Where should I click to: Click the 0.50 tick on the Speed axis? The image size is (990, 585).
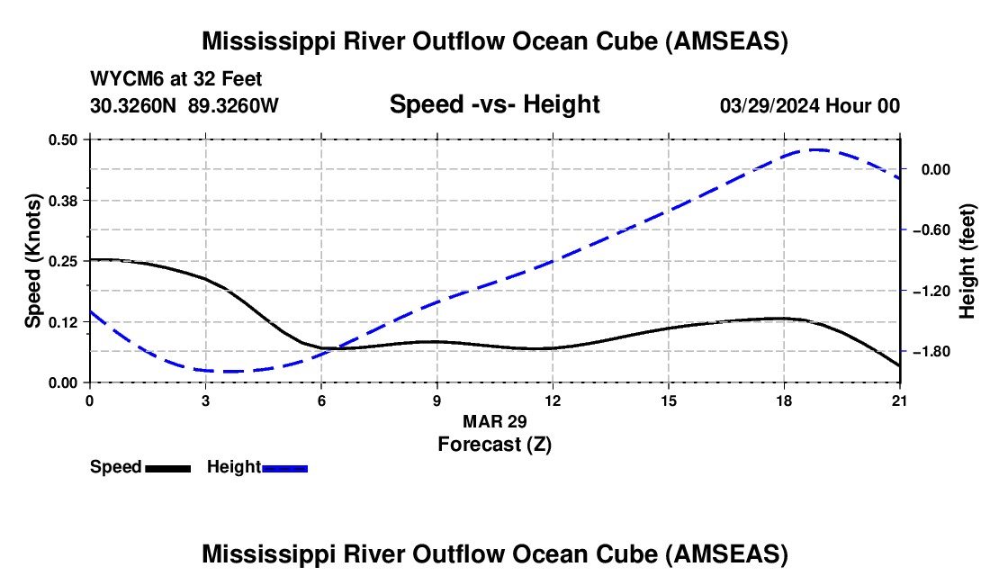(x=62, y=139)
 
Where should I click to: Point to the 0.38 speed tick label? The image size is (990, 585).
(x=62, y=201)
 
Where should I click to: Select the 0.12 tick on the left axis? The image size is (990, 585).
(x=62, y=322)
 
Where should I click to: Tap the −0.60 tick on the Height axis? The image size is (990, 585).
(x=931, y=230)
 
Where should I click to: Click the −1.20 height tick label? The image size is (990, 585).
(x=931, y=292)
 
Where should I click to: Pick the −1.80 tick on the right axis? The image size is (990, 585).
(x=931, y=352)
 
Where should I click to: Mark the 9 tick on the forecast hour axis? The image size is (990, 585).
(x=436, y=400)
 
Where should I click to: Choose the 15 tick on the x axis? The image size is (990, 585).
(x=669, y=400)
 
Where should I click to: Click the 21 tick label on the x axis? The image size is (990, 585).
(x=899, y=400)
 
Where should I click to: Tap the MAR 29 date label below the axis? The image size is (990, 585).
(x=495, y=421)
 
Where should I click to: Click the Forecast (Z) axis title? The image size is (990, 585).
(x=495, y=445)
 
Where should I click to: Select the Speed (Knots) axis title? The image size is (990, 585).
(x=32, y=261)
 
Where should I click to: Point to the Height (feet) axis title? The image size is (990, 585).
(x=967, y=261)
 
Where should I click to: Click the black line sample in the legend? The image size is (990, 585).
(x=168, y=469)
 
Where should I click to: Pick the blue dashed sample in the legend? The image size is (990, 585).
(x=284, y=469)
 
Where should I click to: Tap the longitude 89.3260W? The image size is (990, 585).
(x=233, y=105)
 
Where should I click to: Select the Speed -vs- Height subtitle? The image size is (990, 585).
(x=495, y=104)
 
